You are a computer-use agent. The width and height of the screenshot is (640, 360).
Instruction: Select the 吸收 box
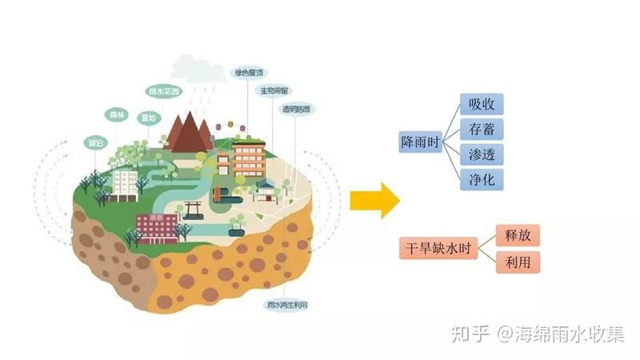pos(482,105)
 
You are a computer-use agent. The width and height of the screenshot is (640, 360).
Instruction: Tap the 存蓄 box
pos(482,130)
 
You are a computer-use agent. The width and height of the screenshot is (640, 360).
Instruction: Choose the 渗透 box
pos(482,154)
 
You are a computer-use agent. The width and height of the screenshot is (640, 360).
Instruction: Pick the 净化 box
pos(482,179)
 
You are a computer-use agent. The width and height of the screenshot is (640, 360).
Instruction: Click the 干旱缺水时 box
pos(438,249)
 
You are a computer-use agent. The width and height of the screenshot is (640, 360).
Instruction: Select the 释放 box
pos(518,235)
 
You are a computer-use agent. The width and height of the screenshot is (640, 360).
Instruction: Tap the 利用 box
pos(518,262)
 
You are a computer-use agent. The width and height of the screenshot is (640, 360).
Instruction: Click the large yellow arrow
pos(374,200)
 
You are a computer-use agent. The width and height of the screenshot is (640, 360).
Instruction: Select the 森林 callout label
pos(118,115)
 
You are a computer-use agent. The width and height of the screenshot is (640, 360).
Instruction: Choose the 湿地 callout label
pos(147,118)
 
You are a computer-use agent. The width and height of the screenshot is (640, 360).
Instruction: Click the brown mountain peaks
pos(189,131)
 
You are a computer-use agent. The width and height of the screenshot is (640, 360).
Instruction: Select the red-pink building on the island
pos(157,228)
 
